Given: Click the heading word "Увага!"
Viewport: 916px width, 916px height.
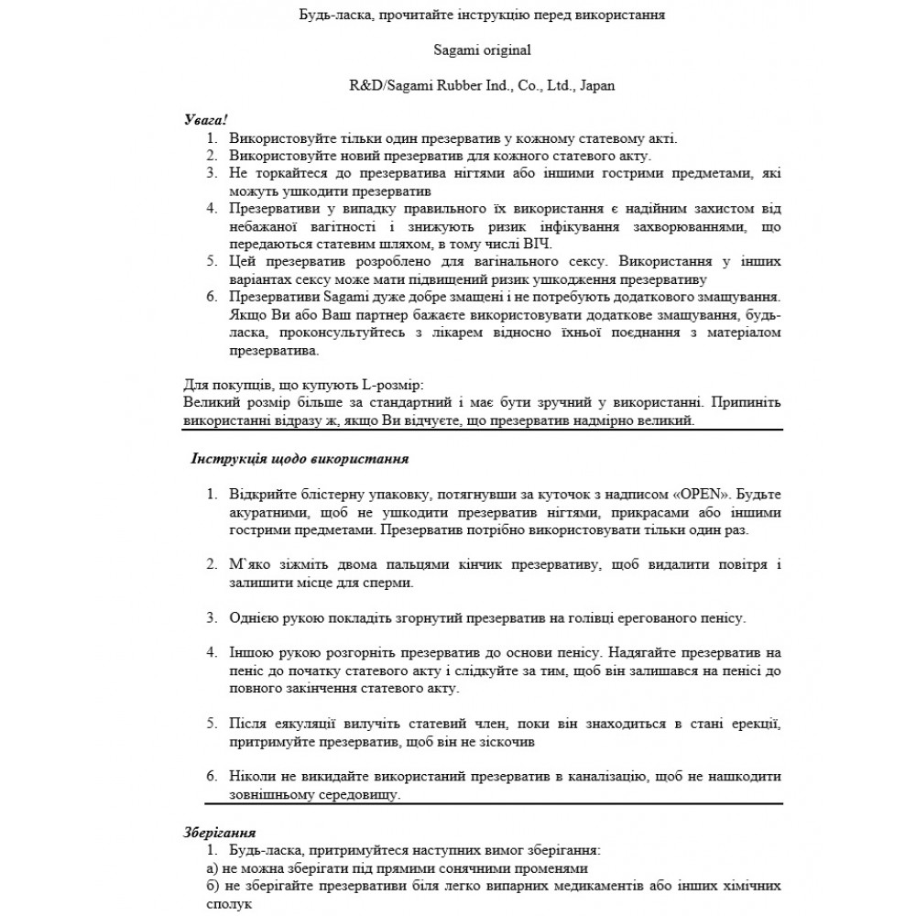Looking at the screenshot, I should pos(205,120).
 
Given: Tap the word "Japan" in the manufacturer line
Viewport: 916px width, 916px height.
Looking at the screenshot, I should pos(596,85).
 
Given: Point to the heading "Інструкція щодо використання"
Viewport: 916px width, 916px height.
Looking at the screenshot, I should pos(300,458).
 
